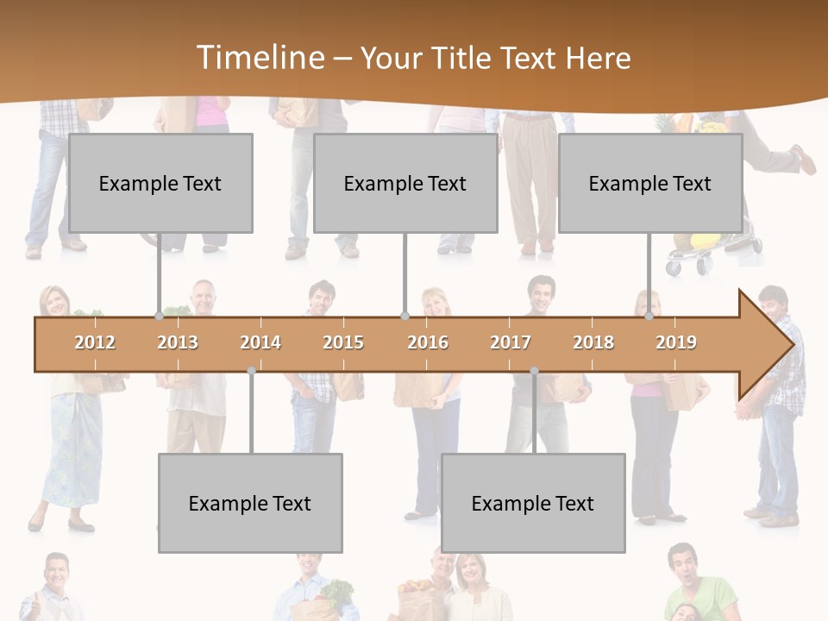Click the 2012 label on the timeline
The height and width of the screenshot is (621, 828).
pyautogui.click(x=95, y=342)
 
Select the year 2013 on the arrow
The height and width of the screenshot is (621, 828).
pyautogui.click(x=178, y=342)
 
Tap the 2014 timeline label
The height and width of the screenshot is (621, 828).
pyautogui.click(x=260, y=342)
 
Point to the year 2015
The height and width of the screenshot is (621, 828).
pyautogui.click(x=343, y=342)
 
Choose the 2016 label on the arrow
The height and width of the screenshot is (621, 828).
pyautogui.click(x=428, y=342)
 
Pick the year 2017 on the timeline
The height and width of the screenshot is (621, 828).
pyautogui.click(x=511, y=342)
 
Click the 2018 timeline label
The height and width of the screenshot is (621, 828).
pyautogui.click(x=593, y=342)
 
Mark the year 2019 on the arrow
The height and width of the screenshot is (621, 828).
pyautogui.click(x=676, y=342)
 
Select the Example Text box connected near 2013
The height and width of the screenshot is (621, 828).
pyautogui.click(x=160, y=183)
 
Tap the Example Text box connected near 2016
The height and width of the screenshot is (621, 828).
pyautogui.click(x=405, y=183)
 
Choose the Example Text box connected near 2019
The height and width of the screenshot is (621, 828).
pyautogui.click(x=650, y=183)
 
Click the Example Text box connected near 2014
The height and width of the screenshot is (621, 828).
pyautogui.click(x=250, y=503)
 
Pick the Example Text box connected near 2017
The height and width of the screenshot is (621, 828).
pyautogui.click(x=533, y=503)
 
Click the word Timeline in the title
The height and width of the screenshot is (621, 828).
pyautogui.click(x=259, y=57)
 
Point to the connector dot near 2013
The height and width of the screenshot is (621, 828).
pyautogui.click(x=160, y=317)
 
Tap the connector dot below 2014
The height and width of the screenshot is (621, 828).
pyautogui.click(x=251, y=371)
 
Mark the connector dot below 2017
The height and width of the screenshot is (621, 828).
pyautogui.click(x=534, y=371)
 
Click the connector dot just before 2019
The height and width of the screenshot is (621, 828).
pyautogui.click(x=649, y=317)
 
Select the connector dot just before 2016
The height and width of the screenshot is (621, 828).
pyautogui.click(x=405, y=317)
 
